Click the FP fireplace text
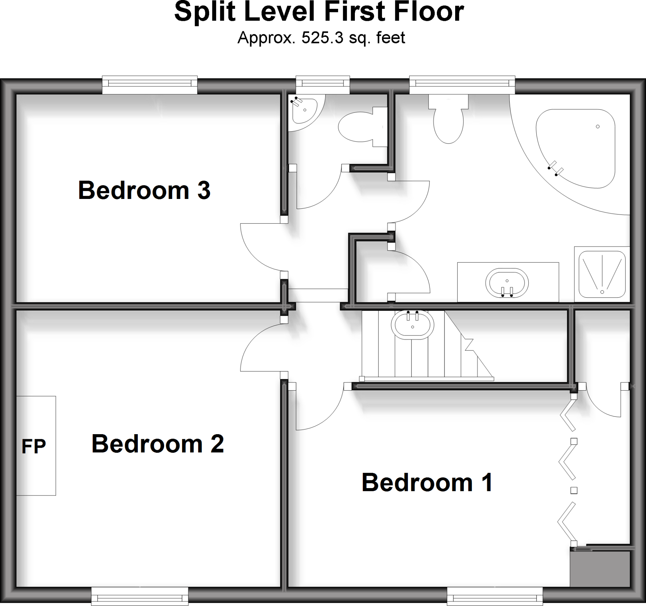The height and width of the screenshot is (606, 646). (x=33, y=446)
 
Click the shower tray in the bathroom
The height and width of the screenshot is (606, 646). (x=602, y=274)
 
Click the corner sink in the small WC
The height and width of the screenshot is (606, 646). (x=303, y=110)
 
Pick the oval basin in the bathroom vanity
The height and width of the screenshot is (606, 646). (x=507, y=283)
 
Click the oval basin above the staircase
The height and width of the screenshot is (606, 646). (x=412, y=324)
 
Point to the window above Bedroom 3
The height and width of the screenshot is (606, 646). (x=150, y=85)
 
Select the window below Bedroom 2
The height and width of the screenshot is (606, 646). (x=140, y=596)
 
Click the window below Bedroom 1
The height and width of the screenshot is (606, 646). (x=495, y=596)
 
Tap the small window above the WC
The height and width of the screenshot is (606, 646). (x=323, y=85)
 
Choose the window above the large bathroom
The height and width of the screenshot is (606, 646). (x=462, y=85)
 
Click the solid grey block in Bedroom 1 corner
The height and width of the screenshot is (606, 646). (x=600, y=568)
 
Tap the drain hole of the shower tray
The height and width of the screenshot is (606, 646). (x=602, y=292)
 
